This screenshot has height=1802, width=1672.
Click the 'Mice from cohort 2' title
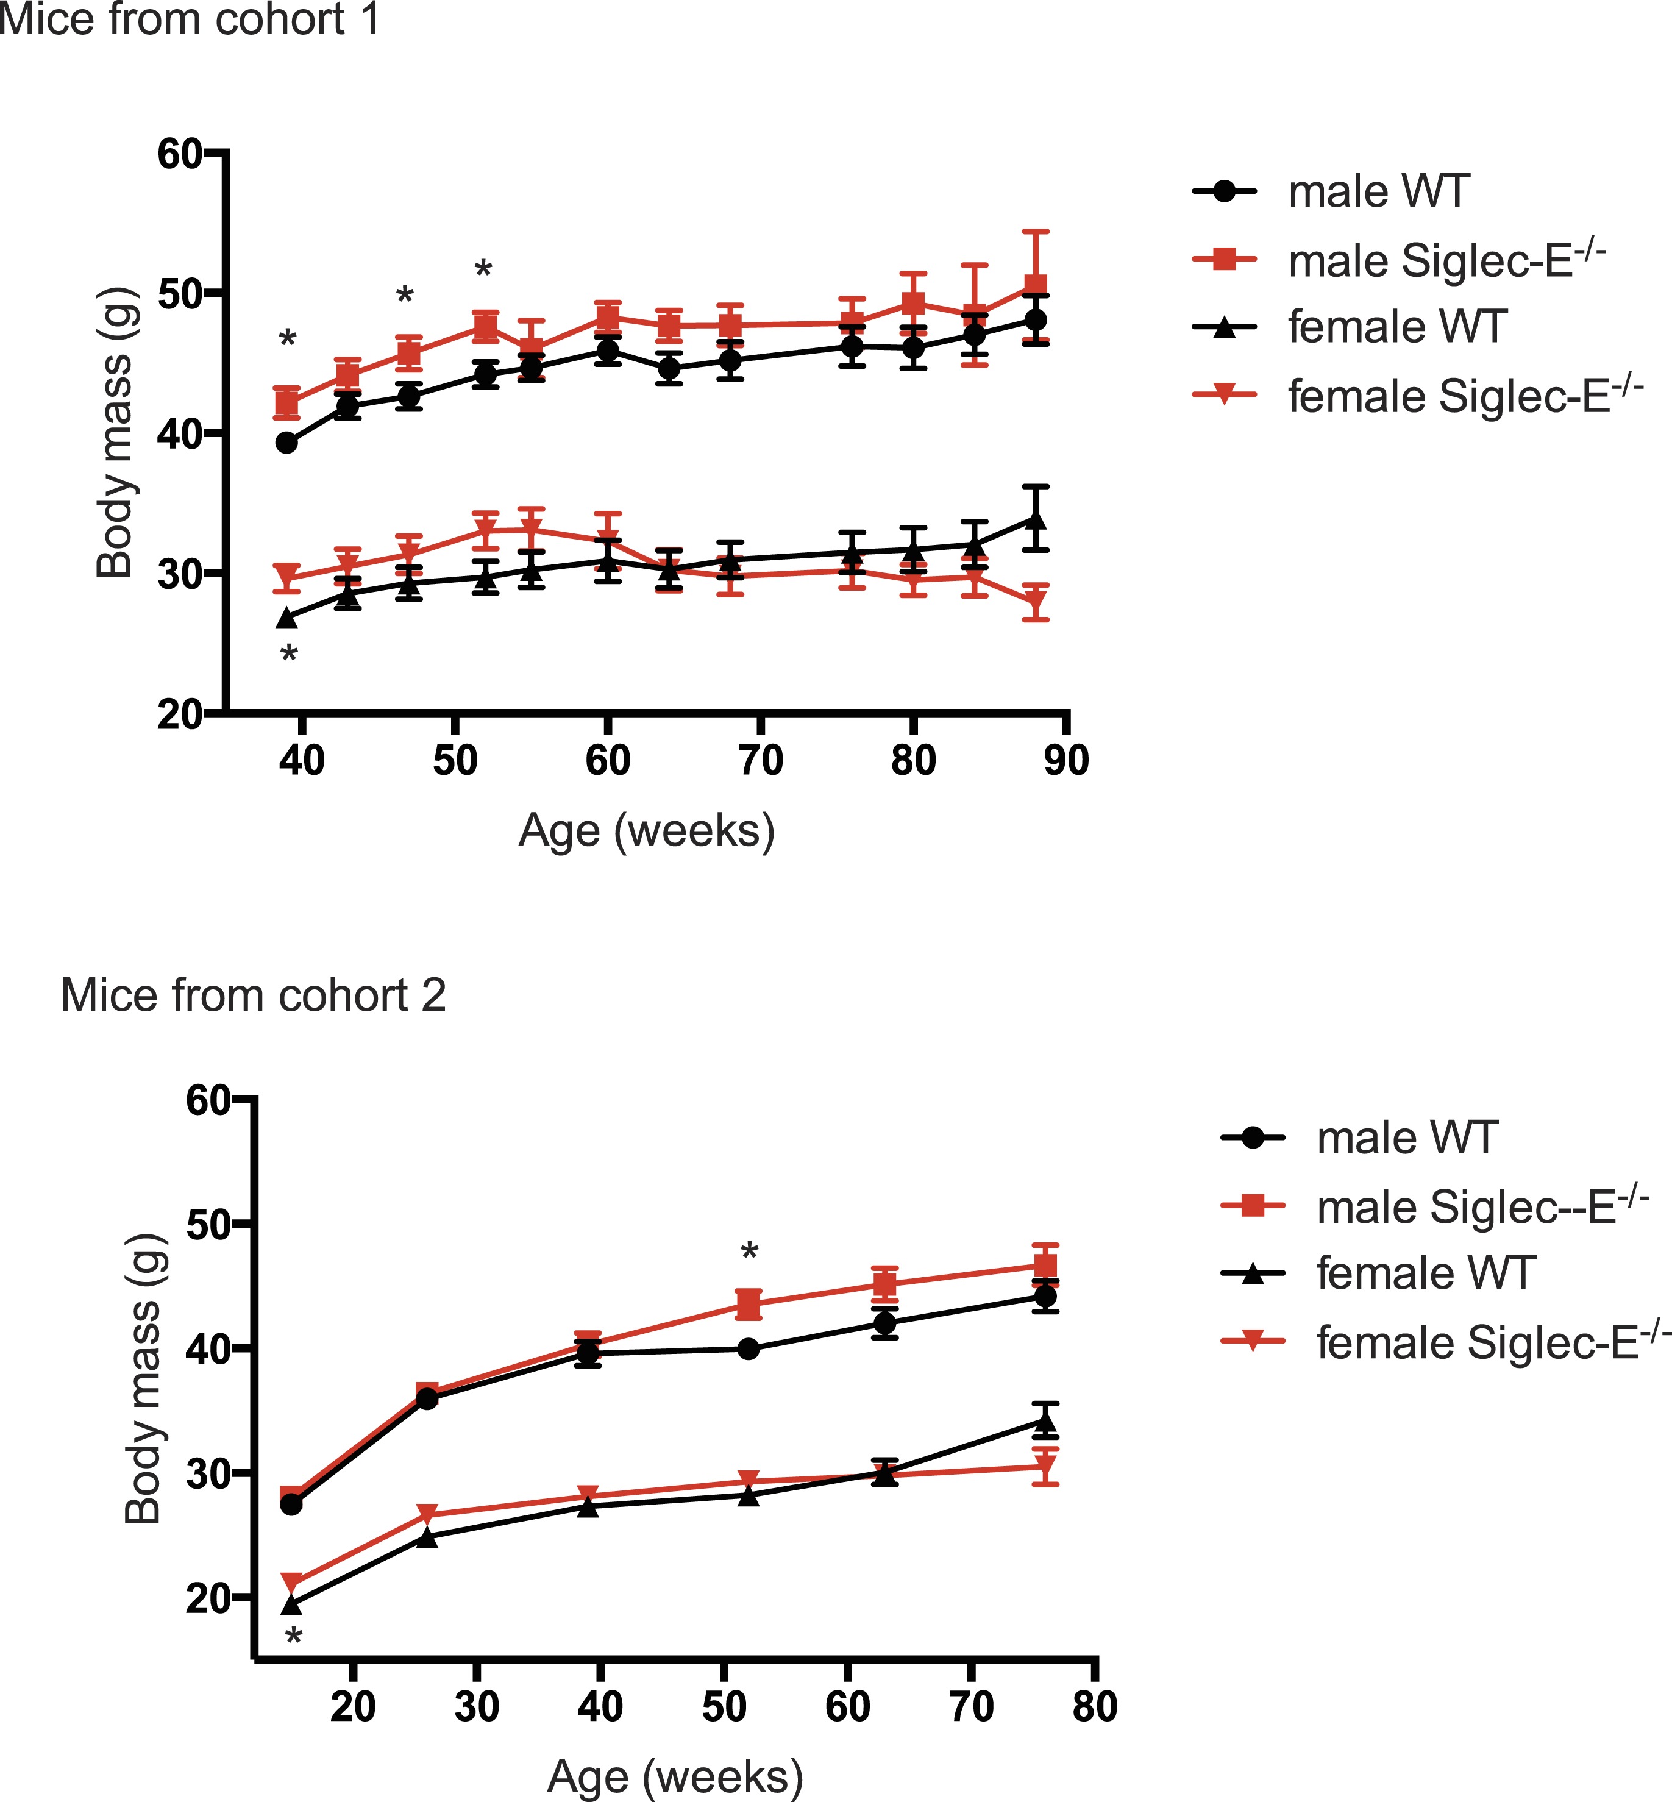coord(254,996)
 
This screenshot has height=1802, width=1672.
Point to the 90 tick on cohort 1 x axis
coord(1067,761)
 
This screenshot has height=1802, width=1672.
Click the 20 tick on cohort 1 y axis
coord(179,714)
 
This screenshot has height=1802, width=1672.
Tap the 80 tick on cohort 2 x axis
coord(1095,1707)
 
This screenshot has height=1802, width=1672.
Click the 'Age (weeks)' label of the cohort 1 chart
coord(647,830)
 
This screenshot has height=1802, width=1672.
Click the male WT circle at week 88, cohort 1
coord(1036,320)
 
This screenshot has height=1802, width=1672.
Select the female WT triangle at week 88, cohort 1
coord(1036,520)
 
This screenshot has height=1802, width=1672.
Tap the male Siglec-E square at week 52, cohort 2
coord(749,1305)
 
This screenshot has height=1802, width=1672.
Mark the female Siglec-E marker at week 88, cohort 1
coord(1036,602)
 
